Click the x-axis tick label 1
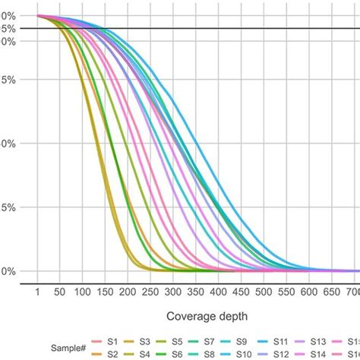[36, 292]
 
